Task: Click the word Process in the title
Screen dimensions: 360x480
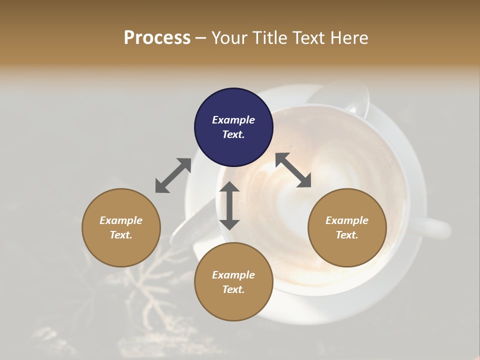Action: (x=157, y=38)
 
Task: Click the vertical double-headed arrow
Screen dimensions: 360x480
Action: (x=229, y=205)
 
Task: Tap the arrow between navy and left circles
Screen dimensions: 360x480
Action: (x=173, y=175)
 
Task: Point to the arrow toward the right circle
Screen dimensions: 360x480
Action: (x=293, y=170)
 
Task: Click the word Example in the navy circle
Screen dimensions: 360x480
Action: (x=233, y=120)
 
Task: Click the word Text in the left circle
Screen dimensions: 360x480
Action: (x=121, y=235)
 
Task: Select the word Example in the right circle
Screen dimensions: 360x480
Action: (x=347, y=220)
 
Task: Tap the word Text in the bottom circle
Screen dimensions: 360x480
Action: (x=233, y=289)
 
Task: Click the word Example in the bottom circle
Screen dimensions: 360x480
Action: (x=233, y=275)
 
